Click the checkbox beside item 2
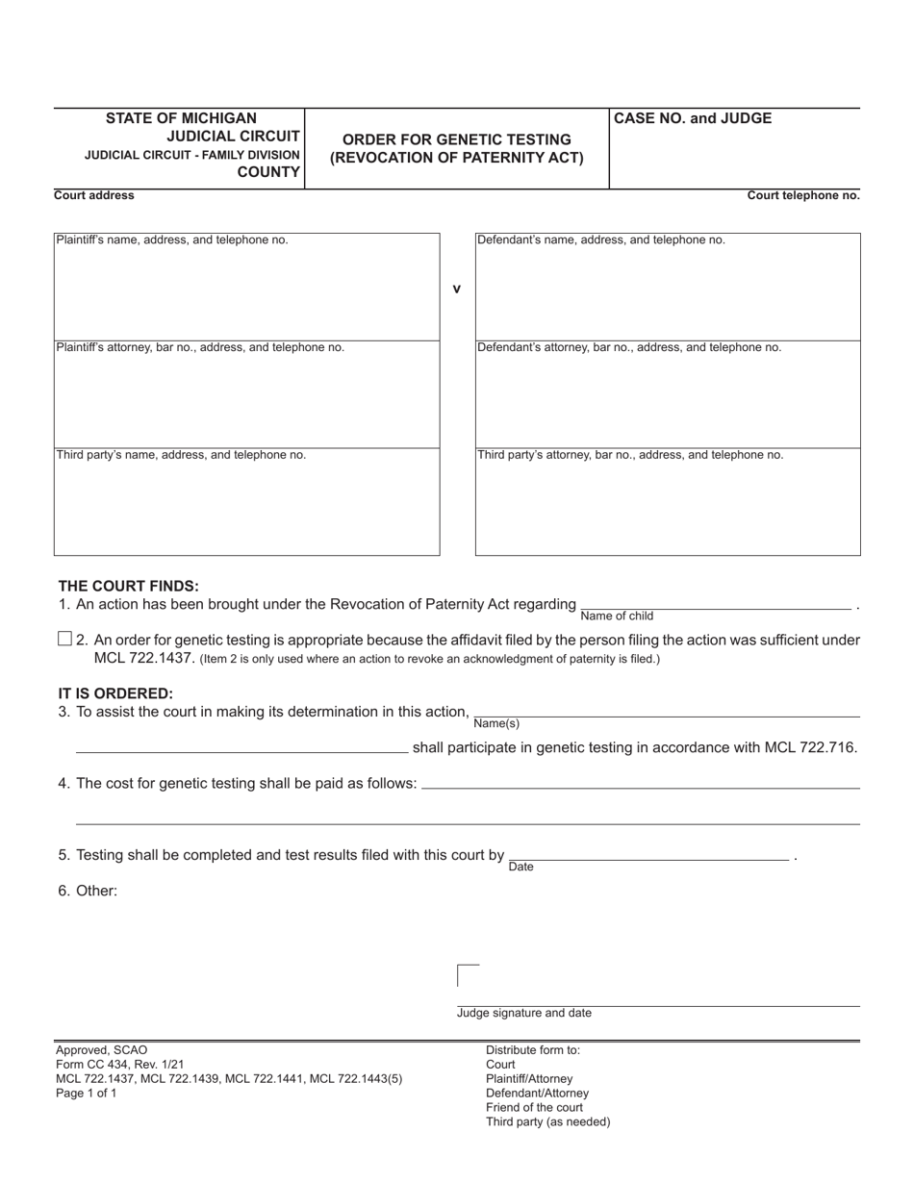point(65,639)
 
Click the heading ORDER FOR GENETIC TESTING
point(456,139)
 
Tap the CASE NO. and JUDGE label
point(693,118)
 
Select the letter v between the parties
point(457,289)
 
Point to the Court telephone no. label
point(803,195)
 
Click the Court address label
point(94,195)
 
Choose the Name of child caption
point(617,616)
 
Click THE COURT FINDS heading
point(129,586)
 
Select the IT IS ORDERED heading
point(115,693)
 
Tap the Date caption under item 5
point(520,867)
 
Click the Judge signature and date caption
point(524,1013)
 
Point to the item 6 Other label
point(88,891)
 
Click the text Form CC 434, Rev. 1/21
point(120,1065)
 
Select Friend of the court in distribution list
point(535,1107)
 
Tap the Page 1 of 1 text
point(87,1094)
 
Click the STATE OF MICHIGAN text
point(181,118)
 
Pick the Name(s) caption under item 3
point(496,723)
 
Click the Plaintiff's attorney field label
point(200,347)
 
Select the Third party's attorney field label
point(630,455)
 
